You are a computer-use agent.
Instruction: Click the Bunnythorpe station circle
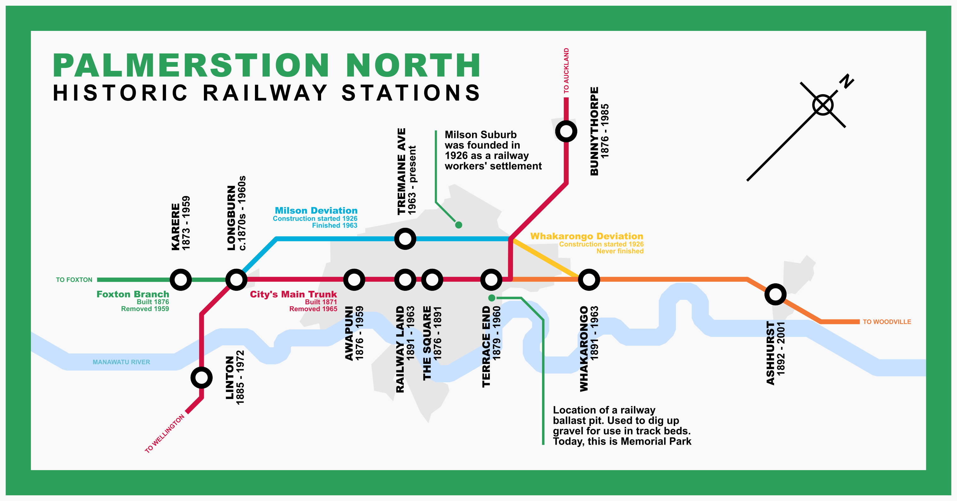point(566,131)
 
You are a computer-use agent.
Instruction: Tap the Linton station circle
point(201,378)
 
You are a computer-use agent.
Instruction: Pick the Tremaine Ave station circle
point(405,239)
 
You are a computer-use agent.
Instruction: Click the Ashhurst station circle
point(775,295)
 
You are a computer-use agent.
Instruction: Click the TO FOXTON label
point(74,280)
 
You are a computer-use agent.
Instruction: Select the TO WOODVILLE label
point(887,322)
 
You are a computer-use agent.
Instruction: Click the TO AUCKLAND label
point(566,71)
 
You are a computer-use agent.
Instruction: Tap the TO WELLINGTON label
point(164,433)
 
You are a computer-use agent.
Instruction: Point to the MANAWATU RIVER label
point(121,362)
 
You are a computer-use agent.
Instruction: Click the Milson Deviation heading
point(316,210)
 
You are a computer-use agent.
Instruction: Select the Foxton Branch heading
point(133,294)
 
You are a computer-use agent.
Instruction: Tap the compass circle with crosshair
point(823,105)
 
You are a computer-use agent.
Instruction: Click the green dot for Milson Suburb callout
point(458,225)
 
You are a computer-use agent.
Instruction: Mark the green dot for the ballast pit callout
point(492,298)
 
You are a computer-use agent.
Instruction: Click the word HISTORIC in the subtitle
point(121,93)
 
